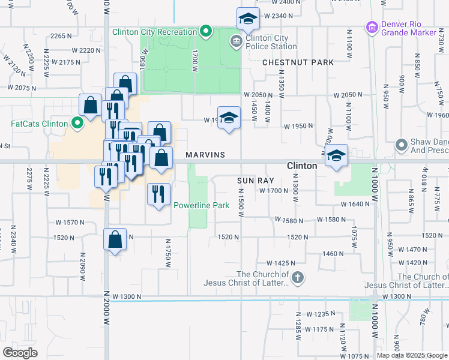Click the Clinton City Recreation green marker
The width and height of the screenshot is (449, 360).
click(x=206, y=31)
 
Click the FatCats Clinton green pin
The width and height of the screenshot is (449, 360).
click(x=77, y=124)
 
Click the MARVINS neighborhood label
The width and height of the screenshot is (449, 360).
click(x=205, y=155)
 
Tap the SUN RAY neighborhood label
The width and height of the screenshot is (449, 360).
click(x=255, y=180)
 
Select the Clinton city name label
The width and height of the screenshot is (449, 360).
click(x=302, y=165)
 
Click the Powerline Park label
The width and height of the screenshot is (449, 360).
click(x=202, y=205)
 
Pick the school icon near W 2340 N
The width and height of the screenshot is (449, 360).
click(x=247, y=19)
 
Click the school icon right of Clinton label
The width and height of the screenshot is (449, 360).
click(x=337, y=155)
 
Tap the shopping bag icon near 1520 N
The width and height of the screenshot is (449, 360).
click(x=115, y=239)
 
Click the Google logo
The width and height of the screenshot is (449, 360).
click(x=20, y=353)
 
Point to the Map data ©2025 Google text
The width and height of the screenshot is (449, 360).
click(x=411, y=355)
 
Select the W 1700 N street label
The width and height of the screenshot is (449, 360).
click(x=275, y=190)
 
